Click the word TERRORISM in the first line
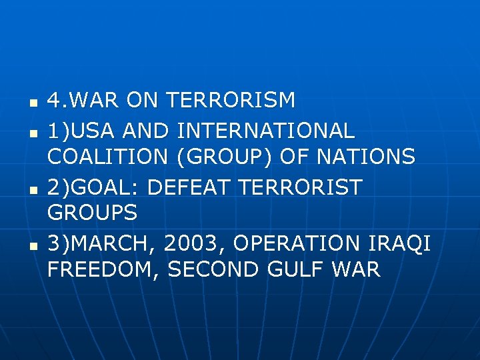click(230, 101)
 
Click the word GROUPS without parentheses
click(92, 213)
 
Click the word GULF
click(295, 270)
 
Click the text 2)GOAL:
click(94, 187)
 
